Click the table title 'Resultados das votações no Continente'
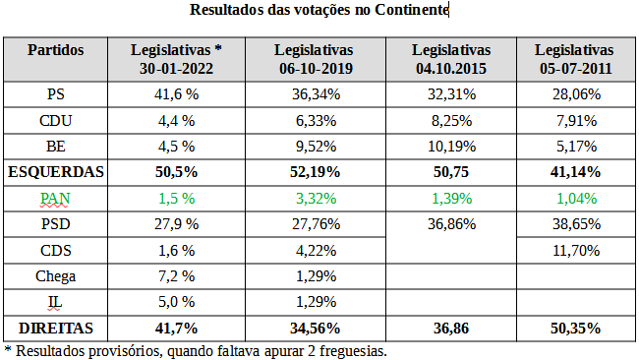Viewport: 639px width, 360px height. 319,10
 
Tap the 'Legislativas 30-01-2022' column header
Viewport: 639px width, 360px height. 177,59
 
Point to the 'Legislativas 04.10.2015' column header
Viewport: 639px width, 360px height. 450,59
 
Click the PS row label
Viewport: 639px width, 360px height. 56,94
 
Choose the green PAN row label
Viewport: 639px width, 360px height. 56,198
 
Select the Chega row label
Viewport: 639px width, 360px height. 56,275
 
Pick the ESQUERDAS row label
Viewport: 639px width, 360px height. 56,172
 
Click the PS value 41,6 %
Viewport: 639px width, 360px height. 177,94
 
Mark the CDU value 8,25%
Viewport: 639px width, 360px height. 450,120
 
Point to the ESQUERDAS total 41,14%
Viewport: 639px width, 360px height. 574,172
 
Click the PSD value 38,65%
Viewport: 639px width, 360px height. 574,223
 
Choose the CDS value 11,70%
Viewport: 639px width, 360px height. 574,250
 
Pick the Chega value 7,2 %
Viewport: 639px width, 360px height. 177,275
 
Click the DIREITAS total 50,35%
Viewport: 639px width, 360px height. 574,327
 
